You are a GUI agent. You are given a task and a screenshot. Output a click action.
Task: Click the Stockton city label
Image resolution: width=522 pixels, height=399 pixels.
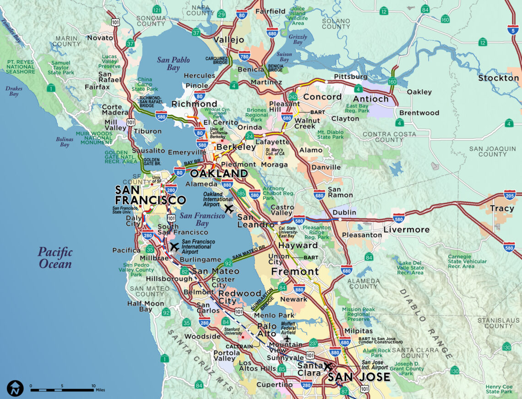point(498,78)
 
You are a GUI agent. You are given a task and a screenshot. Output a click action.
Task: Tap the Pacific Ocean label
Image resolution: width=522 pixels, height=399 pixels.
point(55,258)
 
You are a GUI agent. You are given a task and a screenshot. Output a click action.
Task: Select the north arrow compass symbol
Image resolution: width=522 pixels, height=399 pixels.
point(15,388)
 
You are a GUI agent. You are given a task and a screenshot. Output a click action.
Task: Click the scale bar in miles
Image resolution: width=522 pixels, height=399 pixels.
point(62,390)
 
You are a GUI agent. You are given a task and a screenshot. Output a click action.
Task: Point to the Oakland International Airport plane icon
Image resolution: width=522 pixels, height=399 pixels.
point(229,209)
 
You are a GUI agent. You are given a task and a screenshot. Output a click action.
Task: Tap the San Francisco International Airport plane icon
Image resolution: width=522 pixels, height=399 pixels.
point(174,247)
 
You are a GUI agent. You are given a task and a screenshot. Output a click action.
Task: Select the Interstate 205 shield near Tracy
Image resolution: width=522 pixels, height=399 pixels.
point(510,195)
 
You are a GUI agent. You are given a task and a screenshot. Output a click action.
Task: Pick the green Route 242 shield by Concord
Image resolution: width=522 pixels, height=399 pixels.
point(293,97)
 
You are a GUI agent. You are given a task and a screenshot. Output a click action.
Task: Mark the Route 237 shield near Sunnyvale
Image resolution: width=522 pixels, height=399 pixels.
point(313,344)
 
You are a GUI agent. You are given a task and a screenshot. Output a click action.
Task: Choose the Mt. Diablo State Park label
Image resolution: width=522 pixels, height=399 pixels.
point(330,134)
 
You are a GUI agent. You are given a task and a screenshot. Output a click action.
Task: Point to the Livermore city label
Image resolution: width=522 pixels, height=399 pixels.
point(406,230)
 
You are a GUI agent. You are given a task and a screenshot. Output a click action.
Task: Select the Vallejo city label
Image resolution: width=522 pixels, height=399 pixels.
point(228,40)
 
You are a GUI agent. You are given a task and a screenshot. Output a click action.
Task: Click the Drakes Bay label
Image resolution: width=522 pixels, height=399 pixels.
point(12,91)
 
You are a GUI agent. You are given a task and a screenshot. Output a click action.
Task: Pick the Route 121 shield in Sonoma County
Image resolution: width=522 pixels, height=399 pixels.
point(157,10)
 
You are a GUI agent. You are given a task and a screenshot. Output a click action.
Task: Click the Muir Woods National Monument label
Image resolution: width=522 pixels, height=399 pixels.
point(97,138)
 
